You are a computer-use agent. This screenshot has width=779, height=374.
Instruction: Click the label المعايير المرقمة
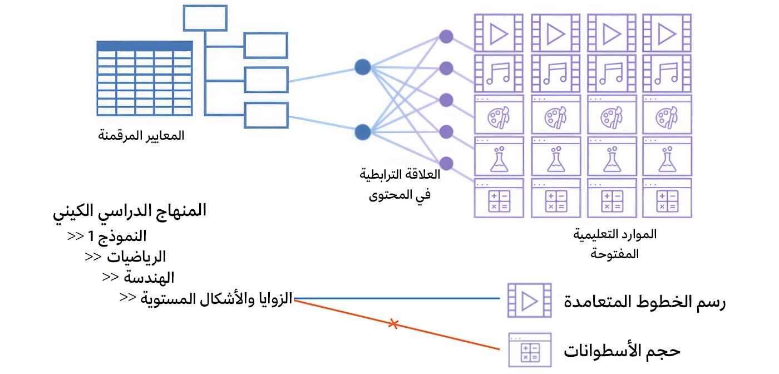141,136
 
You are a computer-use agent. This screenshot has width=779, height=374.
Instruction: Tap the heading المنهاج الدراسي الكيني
130,211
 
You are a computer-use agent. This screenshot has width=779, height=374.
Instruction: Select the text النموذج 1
117,236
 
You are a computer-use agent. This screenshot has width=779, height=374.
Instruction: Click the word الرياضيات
136,257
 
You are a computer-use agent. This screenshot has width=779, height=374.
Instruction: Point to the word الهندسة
149,277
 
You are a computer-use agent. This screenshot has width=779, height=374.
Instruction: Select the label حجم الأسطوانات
622,351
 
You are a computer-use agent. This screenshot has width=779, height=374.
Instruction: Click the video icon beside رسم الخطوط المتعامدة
528,301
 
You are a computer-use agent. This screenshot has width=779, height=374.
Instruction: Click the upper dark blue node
362,68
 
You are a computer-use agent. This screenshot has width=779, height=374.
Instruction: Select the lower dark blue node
362,132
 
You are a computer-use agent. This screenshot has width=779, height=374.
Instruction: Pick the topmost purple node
446,37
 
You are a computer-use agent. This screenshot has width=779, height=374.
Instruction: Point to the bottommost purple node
446,163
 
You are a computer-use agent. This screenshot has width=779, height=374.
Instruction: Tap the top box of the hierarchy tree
205,18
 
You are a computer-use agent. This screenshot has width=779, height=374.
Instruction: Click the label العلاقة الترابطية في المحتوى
400,184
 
